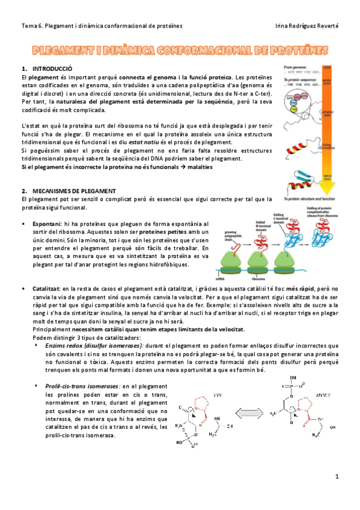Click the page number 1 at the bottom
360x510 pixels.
coord(338,476)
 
